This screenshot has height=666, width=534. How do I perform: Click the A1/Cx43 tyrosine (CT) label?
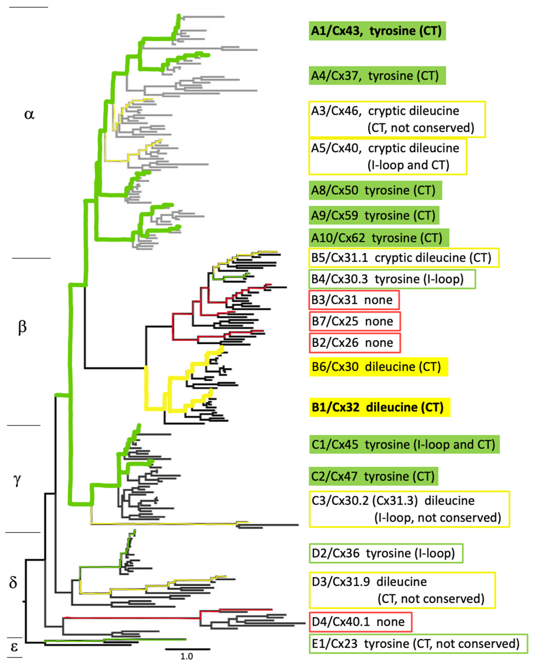(377, 31)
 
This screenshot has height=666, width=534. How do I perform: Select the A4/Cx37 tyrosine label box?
(377, 76)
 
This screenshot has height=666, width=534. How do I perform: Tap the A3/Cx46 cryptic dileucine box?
(397, 119)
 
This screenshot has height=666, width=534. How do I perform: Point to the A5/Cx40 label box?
(388, 157)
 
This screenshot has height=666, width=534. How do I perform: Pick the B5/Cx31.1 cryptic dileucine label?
(403, 258)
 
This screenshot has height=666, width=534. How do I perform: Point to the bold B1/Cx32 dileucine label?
(379, 407)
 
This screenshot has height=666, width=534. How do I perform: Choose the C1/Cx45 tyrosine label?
(404, 445)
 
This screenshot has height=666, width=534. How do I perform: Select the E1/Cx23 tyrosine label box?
(418, 644)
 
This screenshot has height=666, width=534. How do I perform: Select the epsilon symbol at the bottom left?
(14, 647)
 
